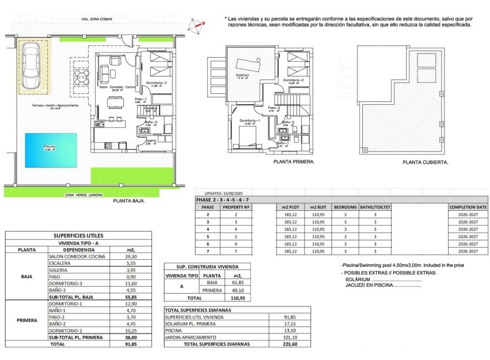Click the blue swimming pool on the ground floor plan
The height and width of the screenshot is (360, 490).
[51, 149]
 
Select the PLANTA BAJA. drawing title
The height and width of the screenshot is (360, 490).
[129, 202]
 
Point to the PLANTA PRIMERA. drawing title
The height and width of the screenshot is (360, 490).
[294, 162]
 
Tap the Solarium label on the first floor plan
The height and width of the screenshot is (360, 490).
[242, 75]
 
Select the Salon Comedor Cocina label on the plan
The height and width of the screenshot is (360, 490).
[117, 87]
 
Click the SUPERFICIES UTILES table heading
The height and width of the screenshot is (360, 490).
[78, 236]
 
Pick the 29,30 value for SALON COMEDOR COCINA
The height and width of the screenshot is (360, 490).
[131, 256]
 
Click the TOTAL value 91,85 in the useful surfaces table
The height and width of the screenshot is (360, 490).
[131, 344]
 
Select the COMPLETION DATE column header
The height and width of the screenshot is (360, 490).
[468, 207]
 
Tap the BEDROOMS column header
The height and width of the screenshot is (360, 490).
[345, 207]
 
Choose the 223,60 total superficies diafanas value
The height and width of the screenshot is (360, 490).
[290, 344]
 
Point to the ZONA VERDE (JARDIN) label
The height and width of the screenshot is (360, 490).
[84, 195]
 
